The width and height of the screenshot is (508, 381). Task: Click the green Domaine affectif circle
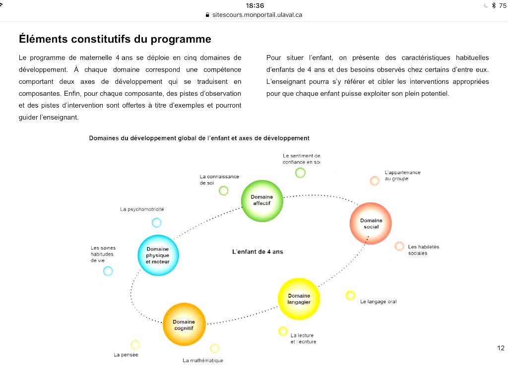click(x=262, y=200)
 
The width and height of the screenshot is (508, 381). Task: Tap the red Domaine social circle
click(x=371, y=223)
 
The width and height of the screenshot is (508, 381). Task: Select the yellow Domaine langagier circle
click(x=299, y=299)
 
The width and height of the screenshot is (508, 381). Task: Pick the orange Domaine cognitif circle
click(x=184, y=324)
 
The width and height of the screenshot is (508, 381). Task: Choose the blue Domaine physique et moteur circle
click(x=158, y=255)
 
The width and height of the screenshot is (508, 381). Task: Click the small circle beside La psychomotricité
click(x=157, y=223)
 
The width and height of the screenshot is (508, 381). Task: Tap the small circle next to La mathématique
click(x=215, y=348)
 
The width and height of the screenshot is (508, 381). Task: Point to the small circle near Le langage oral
click(x=350, y=295)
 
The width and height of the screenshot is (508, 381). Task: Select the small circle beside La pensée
click(x=135, y=344)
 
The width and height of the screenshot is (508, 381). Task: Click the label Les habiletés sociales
click(x=423, y=250)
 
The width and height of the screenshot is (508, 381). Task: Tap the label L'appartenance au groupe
click(x=402, y=176)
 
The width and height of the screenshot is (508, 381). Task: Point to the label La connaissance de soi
click(x=219, y=179)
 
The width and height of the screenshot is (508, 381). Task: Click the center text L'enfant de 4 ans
click(x=257, y=252)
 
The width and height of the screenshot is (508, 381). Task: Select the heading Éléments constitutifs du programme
click(x=115, y=39)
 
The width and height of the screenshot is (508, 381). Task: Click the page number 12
click(x=501, y=348)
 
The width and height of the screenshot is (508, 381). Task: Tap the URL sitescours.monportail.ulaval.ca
click(x=257, y=15)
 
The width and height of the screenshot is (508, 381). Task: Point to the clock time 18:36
click(x=255, y=5)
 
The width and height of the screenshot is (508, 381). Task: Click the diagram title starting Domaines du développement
click(x=199, y=138)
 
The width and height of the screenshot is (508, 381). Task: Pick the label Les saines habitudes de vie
click(x=102, y=254)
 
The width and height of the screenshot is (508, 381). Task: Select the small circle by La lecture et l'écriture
click(x=283, y=331)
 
